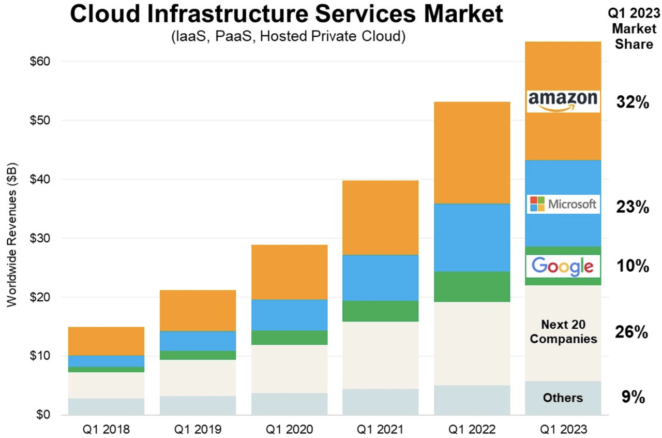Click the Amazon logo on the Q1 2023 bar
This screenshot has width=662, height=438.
563,101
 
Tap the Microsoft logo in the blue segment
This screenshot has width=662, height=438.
563,204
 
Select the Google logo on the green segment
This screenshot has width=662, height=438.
563,266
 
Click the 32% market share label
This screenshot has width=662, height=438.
632,103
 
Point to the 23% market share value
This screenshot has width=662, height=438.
632,207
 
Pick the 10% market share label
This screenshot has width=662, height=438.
632,266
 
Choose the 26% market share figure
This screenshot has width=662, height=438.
631,332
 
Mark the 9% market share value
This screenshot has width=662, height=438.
633,397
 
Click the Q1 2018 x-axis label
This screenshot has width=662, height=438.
106,429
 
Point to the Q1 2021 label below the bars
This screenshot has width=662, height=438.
380,429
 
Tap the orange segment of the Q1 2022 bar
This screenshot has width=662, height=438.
472,153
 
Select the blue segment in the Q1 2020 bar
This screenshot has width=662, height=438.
289,315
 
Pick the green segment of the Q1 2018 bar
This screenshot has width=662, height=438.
106,369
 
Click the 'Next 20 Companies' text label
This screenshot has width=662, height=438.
563,332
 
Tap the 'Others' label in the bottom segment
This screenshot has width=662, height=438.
563,398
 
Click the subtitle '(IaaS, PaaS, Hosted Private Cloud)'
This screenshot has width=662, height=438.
286,37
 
